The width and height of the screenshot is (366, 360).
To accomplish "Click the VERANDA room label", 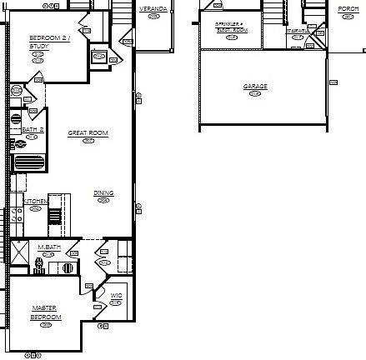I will click(x=153, y=8).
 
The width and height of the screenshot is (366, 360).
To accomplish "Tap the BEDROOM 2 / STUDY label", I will click(x=49, y=42).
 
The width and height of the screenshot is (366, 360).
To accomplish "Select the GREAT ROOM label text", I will click(x=88, y=133).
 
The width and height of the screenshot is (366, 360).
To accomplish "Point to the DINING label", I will click(x=103, y=193).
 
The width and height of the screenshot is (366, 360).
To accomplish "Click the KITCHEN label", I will click(x=35, y=202).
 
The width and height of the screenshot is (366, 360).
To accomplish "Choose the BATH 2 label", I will click(x=33, y=130).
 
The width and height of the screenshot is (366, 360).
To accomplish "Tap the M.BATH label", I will click(x=49, y=247).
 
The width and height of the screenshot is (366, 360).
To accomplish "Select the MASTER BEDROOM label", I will click(x=46, y=312).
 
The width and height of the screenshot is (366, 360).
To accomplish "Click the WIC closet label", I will click(x=116, y=295).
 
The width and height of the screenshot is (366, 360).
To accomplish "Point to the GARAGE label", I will click(x=255, y=87).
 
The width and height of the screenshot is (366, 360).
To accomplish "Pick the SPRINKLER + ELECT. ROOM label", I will click(x=231, y=27).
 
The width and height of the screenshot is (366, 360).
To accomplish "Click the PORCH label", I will click(x=348, y=8).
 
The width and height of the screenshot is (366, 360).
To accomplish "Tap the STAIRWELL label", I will click(x=298, y=31).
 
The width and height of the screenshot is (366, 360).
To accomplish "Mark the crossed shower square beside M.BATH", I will click(x=20, y=252).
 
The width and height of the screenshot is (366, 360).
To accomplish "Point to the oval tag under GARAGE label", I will click(x=255, y=93).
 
